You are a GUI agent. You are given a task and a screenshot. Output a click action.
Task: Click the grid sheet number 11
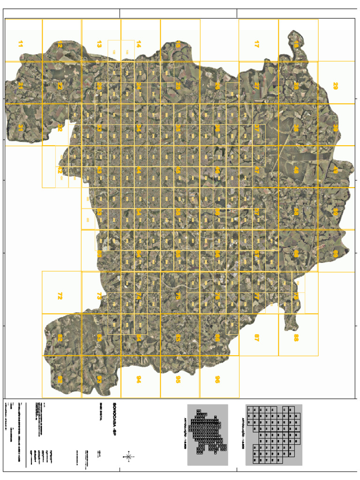coord(20,44)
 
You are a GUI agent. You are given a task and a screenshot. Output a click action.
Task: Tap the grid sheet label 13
coord(99,44)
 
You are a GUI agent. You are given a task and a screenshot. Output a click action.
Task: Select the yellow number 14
coord(138,44)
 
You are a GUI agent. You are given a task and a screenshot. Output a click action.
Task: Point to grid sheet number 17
coord(256,44)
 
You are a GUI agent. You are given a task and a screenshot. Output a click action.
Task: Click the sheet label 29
coord(335,86)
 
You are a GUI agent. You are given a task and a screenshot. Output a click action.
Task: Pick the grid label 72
coord(60,296)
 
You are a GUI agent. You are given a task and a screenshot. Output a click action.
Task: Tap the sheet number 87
coord(256,337)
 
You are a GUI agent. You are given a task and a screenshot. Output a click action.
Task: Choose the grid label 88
coord(296,337)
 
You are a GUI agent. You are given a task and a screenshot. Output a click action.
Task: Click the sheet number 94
coord(138,379)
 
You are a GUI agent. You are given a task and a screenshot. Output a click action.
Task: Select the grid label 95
coord(178,379)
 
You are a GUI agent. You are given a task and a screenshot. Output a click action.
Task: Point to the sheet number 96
coord(217,379)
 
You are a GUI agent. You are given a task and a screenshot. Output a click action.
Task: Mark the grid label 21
coord(20,86)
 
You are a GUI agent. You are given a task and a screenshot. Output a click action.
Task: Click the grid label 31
coord(20,127)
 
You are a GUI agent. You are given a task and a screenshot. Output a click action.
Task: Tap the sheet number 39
coord(335,127)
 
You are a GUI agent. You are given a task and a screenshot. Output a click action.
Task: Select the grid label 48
coord(296,170)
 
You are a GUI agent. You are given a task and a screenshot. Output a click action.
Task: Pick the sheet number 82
coord(60,337)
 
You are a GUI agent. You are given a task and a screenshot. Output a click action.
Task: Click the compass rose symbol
coord(128,456)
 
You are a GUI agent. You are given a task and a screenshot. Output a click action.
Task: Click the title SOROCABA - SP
coord(114,412)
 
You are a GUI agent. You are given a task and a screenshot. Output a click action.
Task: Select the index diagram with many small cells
coord(207,435)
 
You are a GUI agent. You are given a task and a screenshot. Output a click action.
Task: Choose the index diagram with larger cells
coord(274,435)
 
